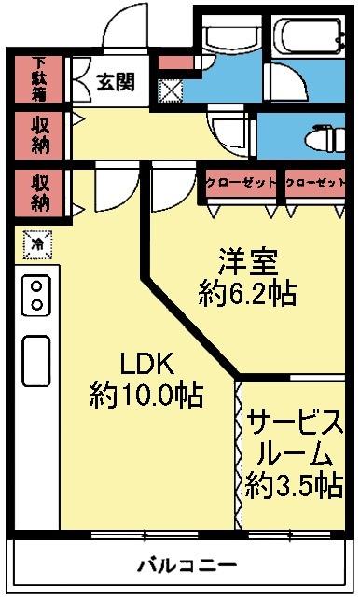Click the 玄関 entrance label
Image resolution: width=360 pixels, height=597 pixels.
[115, 82]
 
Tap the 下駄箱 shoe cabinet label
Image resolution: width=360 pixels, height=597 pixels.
[39, 80]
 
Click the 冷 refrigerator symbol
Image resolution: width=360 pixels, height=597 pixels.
[38, 244]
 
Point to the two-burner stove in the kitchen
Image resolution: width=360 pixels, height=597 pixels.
[35, 295]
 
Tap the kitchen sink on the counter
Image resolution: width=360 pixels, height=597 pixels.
[36, 359]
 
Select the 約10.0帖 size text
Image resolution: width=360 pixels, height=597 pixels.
[146, 395]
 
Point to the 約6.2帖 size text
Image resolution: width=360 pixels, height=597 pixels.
[248, 294]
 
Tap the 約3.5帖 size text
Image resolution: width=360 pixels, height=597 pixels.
[293, 485]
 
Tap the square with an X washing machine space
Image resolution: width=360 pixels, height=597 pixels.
[171, 90]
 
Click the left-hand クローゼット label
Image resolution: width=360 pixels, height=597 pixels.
[241, 183]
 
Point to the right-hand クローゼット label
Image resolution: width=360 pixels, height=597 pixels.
[313, 183]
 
